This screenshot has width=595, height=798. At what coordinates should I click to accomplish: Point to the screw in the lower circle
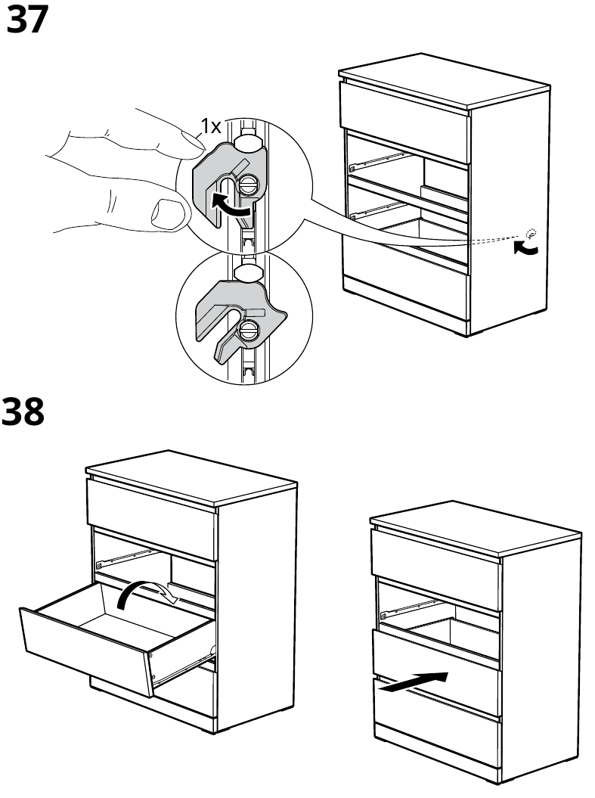247,330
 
